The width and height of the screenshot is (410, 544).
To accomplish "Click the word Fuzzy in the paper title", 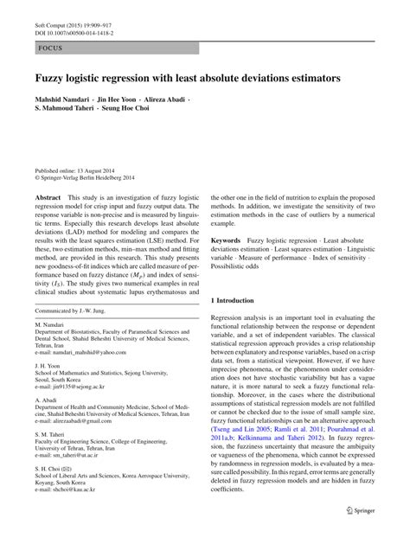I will (49, 78).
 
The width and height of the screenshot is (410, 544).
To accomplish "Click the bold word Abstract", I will (48, 198).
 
